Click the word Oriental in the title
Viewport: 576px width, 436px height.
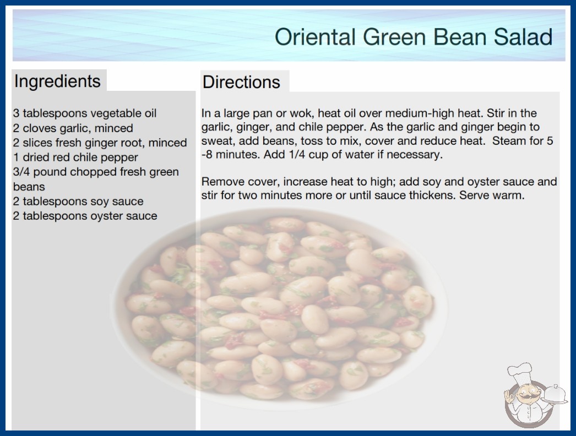pyautogui.click(x=315, y=37)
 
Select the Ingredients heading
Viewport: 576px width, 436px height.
pyautogui.click(x=57, y=81)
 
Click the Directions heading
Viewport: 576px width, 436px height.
pyautogui.click(x=241, y=82)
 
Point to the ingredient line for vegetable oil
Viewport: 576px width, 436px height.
pyautogui.click(x=85, y=113)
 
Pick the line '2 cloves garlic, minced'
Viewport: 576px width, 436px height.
pyautogui.click(x=73, y=128)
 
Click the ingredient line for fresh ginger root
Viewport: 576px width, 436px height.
pyautogui.click(x=100, y=143)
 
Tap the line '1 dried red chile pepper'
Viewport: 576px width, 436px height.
pyautogui.click(x=75, y=157)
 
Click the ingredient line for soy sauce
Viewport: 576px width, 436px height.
pyautogui.click(x=78, y=201)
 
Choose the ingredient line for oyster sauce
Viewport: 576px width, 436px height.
pyautogui.click(x=85, y=216)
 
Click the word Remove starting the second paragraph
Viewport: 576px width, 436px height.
pyautogui.click(x=223, y=182)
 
